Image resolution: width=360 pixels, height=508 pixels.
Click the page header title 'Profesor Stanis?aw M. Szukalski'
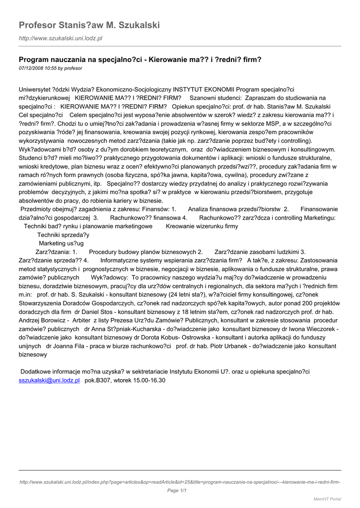click(89, 25)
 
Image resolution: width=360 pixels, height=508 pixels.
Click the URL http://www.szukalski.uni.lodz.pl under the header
click(60, 38)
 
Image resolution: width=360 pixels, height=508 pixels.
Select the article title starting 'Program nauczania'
click(140, 60)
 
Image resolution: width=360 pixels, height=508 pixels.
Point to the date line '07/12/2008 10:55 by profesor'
click(50, 67)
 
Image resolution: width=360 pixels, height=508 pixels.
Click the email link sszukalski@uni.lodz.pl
click(49, 380)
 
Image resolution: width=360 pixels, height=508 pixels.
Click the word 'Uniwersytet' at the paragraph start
click(35, 89)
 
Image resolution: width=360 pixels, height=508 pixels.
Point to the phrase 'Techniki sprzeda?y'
click(63, 235)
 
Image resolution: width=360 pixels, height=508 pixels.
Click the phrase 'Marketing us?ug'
click(61, 243)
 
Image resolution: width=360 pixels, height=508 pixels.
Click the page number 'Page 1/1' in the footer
click(176, 491)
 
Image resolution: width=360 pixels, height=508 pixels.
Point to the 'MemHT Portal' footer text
click(327, 499)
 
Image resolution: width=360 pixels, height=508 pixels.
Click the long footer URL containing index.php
click(180, 482)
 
